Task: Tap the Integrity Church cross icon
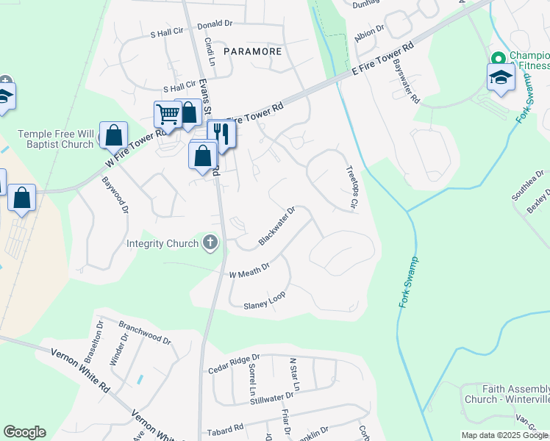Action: click(x=211, y=243)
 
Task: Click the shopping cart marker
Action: click(x=168, y=115)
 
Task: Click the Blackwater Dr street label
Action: click(x=277, y=226)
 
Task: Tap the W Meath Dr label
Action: click(x=250, y=270)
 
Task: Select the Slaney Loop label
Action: click(x=264, y=301)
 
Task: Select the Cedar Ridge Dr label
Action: click(x=234, y=363)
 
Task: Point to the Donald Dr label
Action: click(x=215, y=25)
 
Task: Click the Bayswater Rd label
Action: click(x=405, y=82)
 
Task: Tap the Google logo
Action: click(x=24, y=432)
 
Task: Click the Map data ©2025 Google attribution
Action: click(x=504, y=435)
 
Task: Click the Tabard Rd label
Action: click(x=226, y=429)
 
